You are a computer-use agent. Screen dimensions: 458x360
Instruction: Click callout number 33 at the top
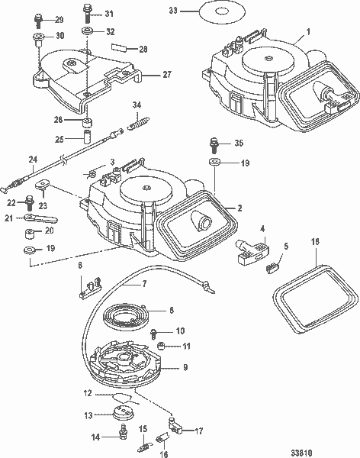point(172,11)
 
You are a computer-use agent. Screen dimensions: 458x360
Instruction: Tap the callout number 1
point(308,33)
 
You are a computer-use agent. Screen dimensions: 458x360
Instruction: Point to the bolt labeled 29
point(38,18)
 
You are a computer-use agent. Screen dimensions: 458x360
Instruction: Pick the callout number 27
point(167,75)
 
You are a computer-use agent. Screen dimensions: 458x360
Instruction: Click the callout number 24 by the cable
point(33,160)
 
